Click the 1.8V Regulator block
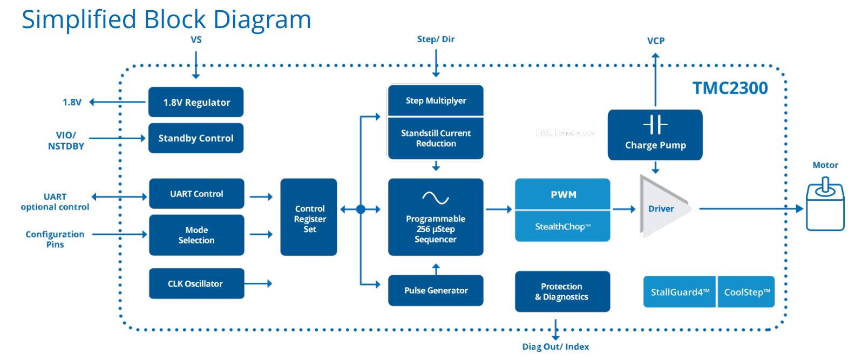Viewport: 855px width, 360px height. (196, 102)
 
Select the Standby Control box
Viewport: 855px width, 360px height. (196, 138)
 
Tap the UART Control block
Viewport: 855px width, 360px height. (196, 194)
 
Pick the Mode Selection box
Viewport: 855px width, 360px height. (196, 235)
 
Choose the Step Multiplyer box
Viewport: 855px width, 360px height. (436, 100)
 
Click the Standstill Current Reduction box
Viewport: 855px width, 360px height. (436, 139)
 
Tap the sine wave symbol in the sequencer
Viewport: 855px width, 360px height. (436, 198)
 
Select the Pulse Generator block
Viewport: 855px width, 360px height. (436, 290)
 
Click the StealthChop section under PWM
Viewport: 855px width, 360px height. (562, 227)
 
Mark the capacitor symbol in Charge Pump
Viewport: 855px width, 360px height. (655, 125)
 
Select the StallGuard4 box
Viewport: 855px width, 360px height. (680, 292)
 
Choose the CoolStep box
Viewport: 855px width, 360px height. (747, 292)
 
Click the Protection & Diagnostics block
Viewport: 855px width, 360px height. (562, 291)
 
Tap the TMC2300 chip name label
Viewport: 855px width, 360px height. (730, 88)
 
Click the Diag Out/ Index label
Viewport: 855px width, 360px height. (555, 347)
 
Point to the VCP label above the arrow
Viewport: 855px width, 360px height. (656, 41)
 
